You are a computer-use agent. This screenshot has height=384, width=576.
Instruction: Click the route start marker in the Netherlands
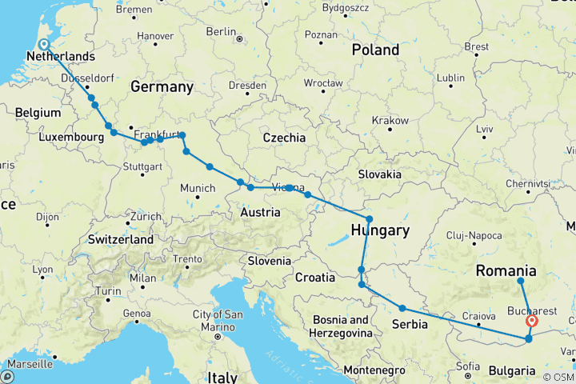coord(43,45)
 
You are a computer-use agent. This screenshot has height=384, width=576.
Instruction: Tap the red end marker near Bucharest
coord(533,322)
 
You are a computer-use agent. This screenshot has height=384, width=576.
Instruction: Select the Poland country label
coord(375,50)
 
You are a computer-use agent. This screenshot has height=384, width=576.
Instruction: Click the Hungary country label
coord(380,230)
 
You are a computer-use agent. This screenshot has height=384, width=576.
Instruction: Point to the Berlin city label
coord(221,31)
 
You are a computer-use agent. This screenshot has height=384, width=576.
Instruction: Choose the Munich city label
coord(198,188)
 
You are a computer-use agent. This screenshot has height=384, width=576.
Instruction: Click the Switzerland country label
coord(121,239)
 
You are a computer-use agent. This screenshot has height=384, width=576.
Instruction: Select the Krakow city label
coord(390,120)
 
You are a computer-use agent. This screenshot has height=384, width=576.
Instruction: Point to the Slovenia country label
coord(269,261)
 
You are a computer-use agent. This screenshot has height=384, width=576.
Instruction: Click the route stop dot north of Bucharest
coord(521,281)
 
